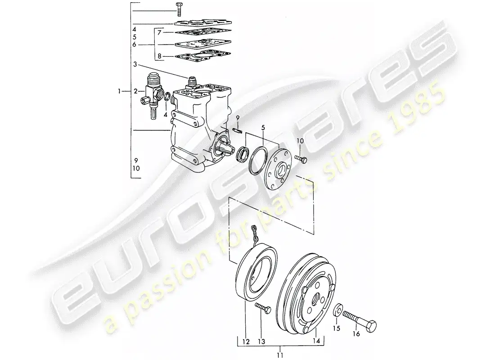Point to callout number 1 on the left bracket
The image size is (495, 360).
click(120, 91)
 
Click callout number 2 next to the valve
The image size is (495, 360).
click(135, 91)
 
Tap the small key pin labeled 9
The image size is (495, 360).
click(238, 130)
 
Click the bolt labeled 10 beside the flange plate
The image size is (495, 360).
click(301, 159)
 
